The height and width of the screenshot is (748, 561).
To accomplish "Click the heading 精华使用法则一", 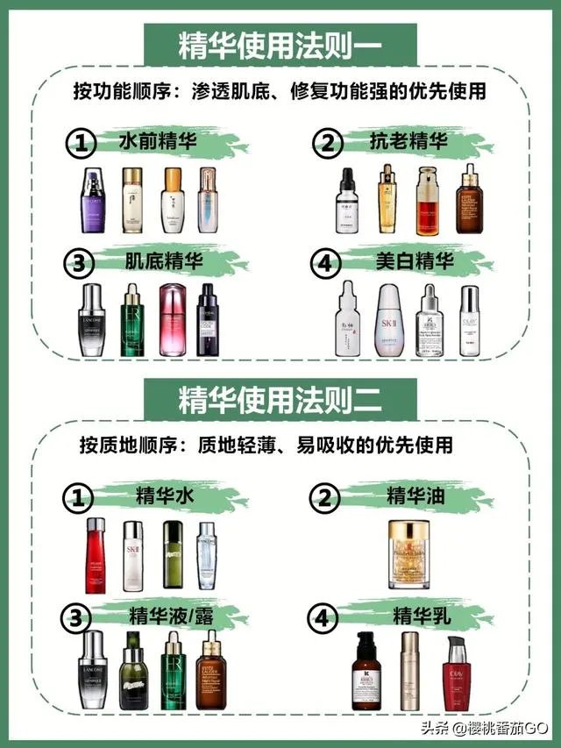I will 280,44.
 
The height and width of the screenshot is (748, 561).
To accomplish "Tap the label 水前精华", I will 158,141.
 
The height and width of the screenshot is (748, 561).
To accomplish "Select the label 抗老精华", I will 408,141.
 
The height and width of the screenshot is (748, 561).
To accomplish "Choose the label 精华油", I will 415,496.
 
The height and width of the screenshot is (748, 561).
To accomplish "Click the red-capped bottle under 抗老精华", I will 426,200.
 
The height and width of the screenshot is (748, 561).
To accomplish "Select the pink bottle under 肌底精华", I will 173,320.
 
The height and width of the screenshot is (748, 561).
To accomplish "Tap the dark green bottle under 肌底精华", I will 132,320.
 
